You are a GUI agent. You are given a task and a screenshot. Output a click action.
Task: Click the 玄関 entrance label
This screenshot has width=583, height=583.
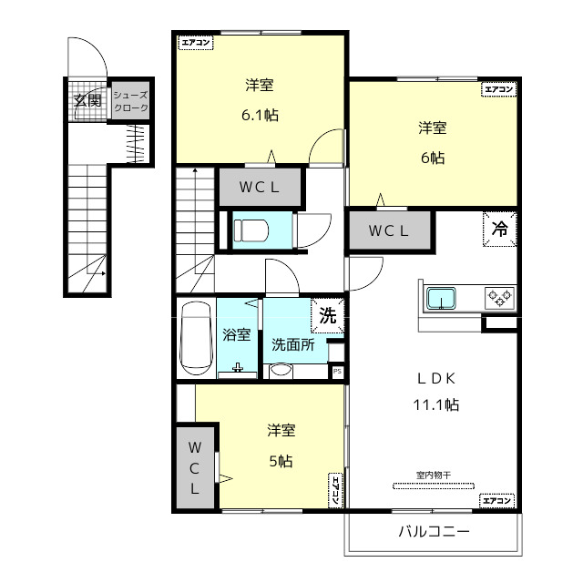[87, 100]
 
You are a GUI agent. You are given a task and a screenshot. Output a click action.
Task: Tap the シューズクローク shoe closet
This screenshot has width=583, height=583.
[130, 101]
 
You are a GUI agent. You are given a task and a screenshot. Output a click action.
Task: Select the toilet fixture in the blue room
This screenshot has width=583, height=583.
[251, 230]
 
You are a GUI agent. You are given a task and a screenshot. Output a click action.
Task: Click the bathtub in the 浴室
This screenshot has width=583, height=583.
[196, 338]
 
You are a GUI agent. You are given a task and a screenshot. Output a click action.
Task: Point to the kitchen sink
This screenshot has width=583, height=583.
[441, 298]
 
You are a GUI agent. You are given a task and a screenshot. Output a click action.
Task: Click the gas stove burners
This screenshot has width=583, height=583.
[500, 298]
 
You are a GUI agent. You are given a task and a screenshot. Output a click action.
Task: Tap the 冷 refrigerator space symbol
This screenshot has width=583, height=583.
[500, 229]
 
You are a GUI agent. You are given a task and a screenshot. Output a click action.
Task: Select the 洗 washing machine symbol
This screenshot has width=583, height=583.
[328, 316]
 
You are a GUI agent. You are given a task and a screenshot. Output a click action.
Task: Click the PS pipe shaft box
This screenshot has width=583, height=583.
[337, 371]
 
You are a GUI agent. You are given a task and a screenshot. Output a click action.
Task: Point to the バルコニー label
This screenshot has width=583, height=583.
[434, 532]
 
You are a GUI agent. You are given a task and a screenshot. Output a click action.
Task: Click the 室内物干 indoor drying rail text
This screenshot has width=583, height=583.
[434, 476]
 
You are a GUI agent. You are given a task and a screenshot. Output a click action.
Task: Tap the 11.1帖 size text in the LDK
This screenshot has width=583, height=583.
[436, 404]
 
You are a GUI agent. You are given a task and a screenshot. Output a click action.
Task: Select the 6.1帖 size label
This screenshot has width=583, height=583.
[260, 116]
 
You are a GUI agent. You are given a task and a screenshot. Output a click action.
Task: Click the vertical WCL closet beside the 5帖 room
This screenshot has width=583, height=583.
[195, 467]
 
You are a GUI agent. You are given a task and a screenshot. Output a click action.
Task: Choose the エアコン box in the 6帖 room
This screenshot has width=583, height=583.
[498, 89]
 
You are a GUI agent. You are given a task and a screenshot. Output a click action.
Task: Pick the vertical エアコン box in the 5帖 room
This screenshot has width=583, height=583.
[335, 490]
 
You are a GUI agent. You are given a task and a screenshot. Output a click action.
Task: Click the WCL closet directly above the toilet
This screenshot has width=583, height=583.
[260, 187]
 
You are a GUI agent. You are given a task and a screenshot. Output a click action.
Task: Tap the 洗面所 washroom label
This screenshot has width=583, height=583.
[293, 345]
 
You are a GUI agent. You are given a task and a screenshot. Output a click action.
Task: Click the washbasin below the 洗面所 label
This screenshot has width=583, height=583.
[281, 371]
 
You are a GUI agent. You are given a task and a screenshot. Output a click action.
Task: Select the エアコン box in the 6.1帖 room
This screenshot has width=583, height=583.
[196, 43]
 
